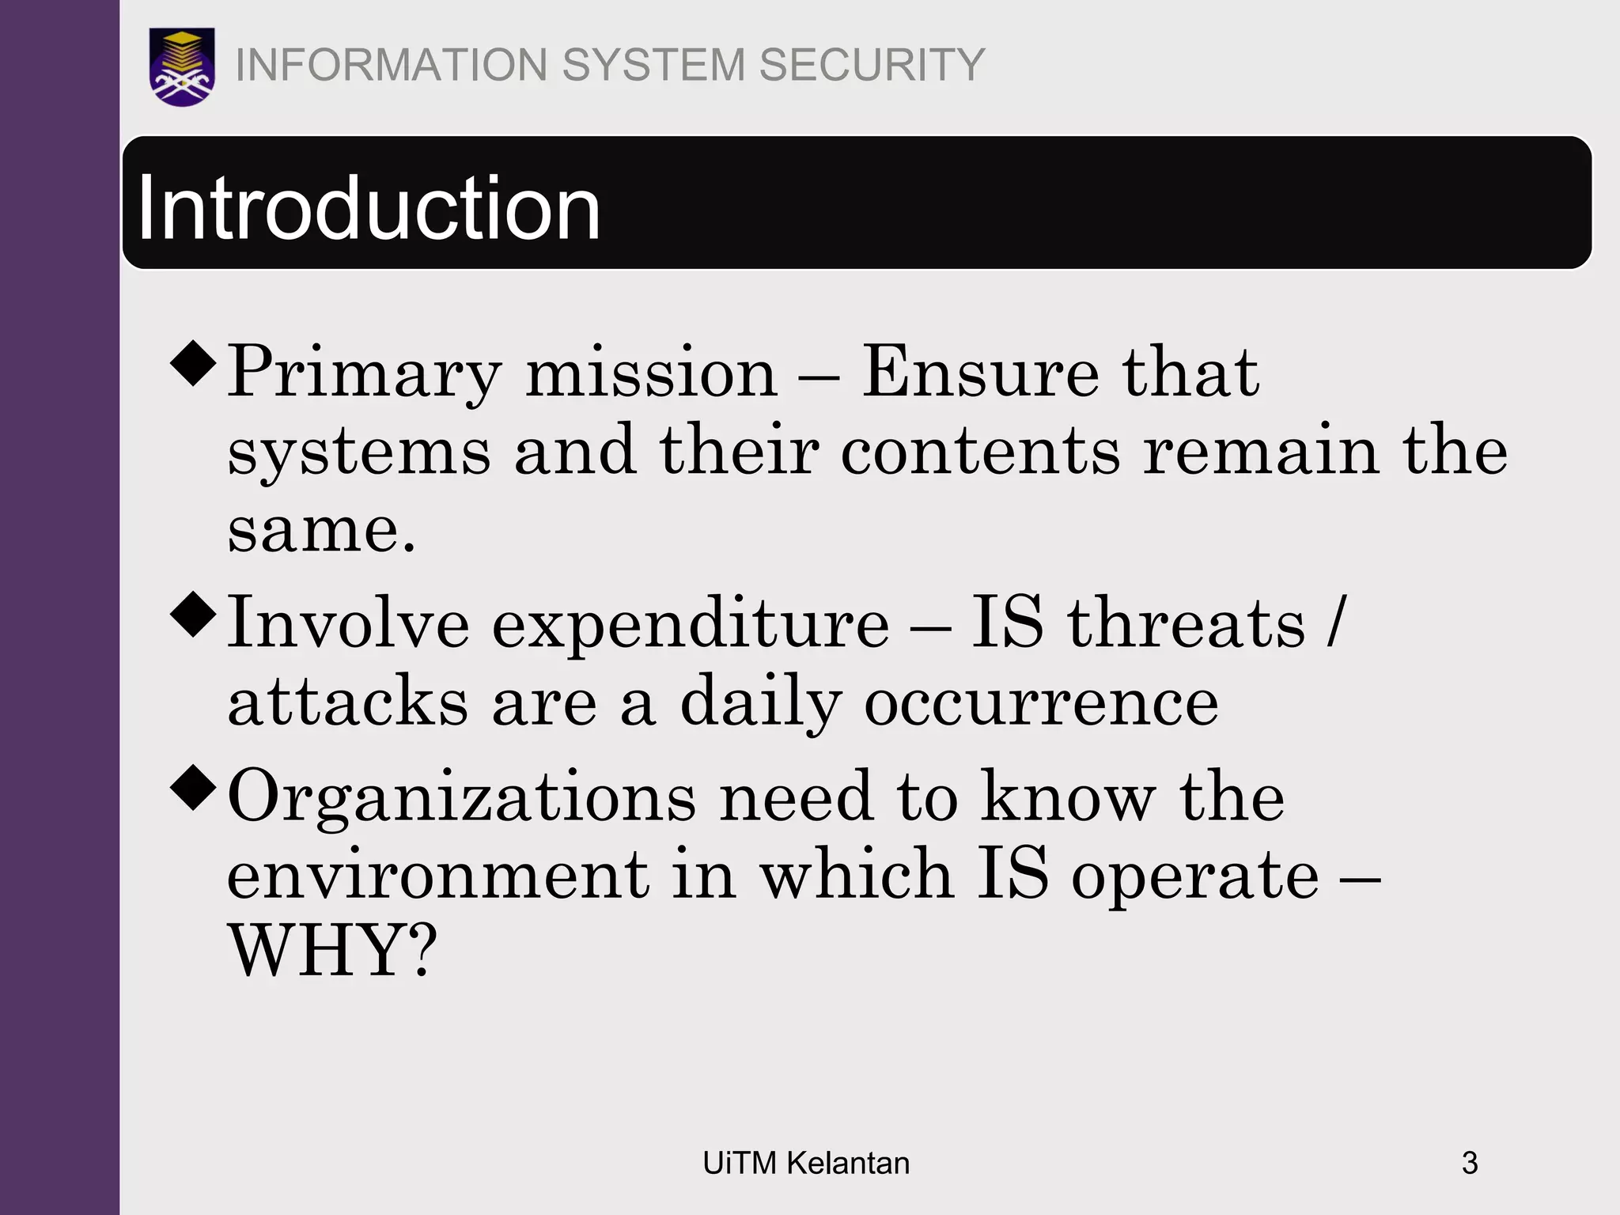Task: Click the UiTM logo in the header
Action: tap(182, 66)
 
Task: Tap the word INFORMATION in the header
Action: tap(392, 65)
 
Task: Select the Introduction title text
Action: tap(369, 208)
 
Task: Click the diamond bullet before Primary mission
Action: tap(193, 363)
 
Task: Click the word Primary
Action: tap(365, 373)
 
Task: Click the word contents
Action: tap(980, 451)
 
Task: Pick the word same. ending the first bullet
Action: tap(321, 530)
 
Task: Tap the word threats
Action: tap(1187, 624)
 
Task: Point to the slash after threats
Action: tap(1336, 624)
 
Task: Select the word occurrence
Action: tap(1041, 702)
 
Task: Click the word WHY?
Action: tap(332, 951)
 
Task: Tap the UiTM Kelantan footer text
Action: tap(806, 1164)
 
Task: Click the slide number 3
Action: tap(1470, 1164)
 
